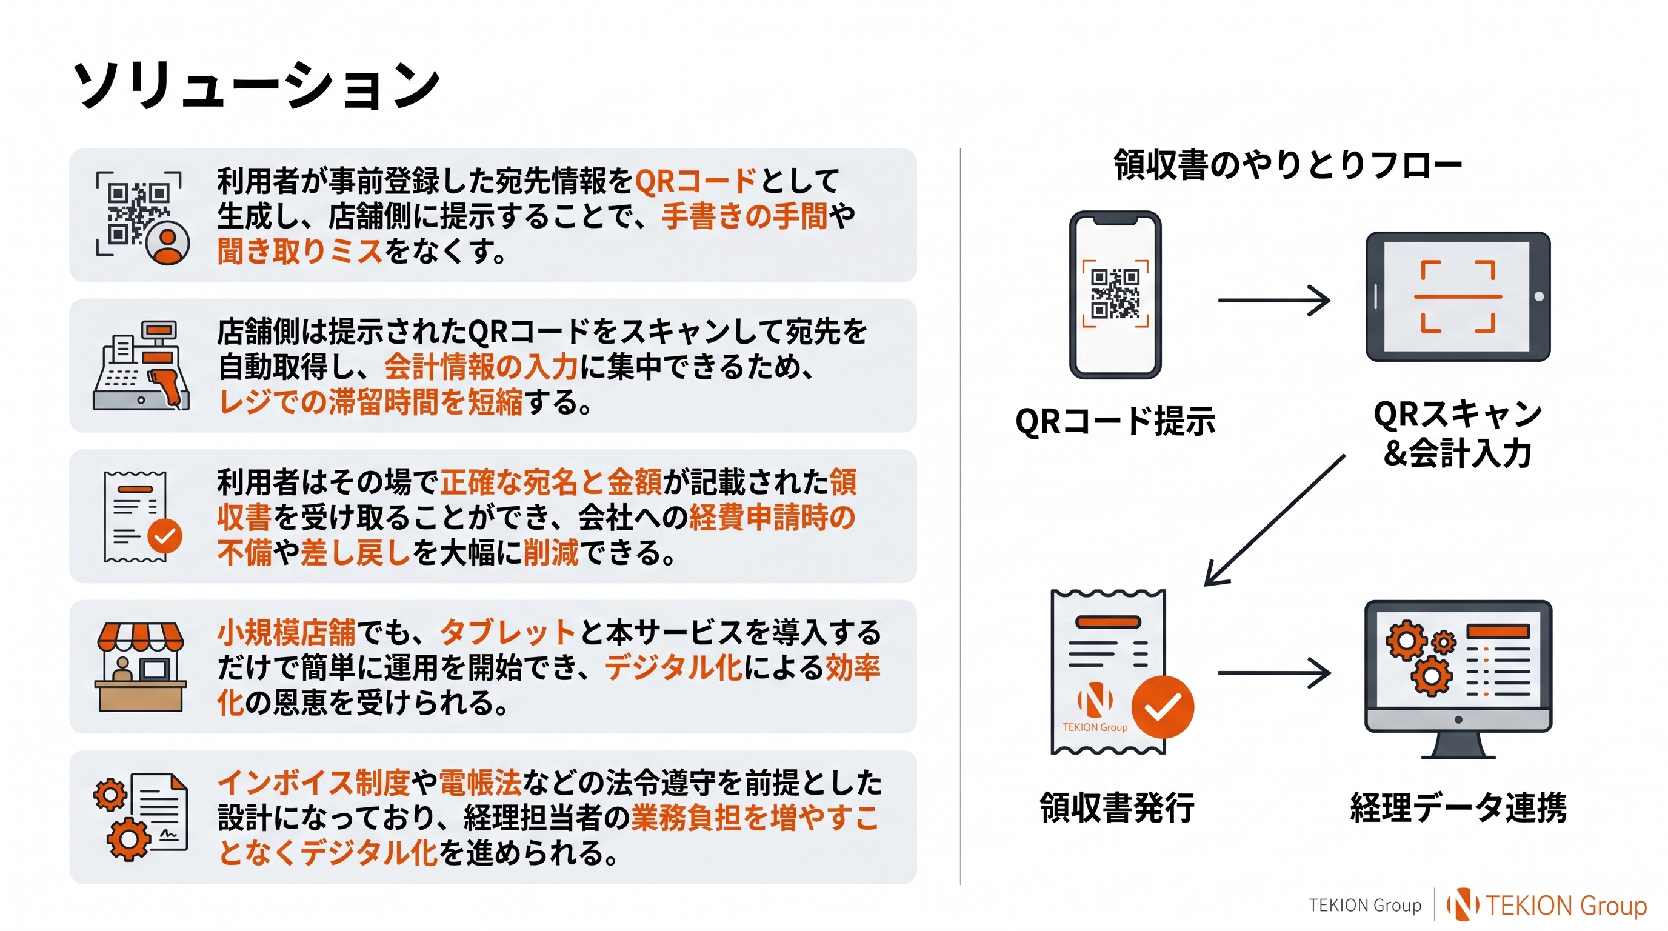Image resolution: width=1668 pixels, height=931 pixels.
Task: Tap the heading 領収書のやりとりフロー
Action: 1287,164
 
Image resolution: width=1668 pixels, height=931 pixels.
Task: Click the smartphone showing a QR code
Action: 1115,295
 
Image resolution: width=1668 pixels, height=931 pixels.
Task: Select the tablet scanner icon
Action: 1458,296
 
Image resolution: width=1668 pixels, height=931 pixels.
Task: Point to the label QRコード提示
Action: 1115,421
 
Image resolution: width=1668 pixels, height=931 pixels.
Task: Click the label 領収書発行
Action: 1117,807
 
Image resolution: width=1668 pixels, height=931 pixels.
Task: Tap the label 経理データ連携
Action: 1458,807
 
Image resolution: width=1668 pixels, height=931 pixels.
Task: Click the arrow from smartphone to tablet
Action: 1273,301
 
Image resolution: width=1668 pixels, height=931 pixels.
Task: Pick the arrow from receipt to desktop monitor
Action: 1273,673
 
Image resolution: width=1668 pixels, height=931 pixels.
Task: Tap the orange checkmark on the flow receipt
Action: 1163,707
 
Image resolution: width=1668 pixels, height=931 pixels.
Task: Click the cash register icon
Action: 141,366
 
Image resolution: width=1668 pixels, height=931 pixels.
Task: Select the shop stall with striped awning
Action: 141,667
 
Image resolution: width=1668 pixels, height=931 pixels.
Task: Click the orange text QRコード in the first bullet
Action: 695,181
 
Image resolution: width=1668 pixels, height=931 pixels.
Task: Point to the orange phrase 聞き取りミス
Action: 300,251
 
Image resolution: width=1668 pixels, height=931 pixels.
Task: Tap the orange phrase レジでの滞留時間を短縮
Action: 370,402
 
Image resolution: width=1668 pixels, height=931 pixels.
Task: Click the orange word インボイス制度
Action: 314,782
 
